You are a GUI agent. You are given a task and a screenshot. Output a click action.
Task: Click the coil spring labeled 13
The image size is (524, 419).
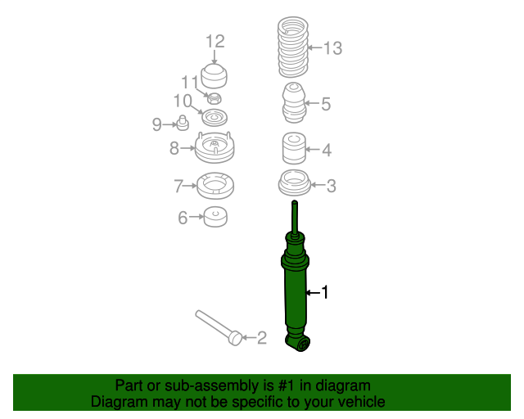[293, 47]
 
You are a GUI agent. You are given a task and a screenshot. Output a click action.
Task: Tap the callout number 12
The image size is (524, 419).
[215, 42]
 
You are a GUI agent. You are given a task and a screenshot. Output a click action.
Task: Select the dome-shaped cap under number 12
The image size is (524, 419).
[214, 76]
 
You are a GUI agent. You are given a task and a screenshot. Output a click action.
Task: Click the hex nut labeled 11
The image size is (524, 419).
[215, 98]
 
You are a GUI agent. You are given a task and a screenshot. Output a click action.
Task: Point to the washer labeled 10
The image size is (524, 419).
[215, 118]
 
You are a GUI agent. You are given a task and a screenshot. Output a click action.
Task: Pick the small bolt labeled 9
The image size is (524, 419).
[183, 123]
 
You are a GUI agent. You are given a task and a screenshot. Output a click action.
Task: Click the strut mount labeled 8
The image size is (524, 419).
[215, 147]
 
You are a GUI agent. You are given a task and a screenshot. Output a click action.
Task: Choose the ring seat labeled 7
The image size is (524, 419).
[215, 186]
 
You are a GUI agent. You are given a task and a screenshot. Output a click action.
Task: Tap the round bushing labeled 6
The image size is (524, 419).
[215, 217]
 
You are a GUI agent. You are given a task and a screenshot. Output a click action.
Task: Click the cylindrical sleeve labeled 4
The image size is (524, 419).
[294, 148]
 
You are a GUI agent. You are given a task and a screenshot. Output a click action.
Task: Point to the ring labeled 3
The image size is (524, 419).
[295, 182]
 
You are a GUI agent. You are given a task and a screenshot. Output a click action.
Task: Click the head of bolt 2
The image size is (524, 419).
[235, 338]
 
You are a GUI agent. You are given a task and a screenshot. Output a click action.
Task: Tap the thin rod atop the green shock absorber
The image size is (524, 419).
[295, 217]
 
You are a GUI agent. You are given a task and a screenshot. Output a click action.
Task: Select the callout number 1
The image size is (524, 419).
[325, 292]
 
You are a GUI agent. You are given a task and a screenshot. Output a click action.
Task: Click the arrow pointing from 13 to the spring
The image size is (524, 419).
[314, 47]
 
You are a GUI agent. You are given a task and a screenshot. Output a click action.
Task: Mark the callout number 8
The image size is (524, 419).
[174, 148]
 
